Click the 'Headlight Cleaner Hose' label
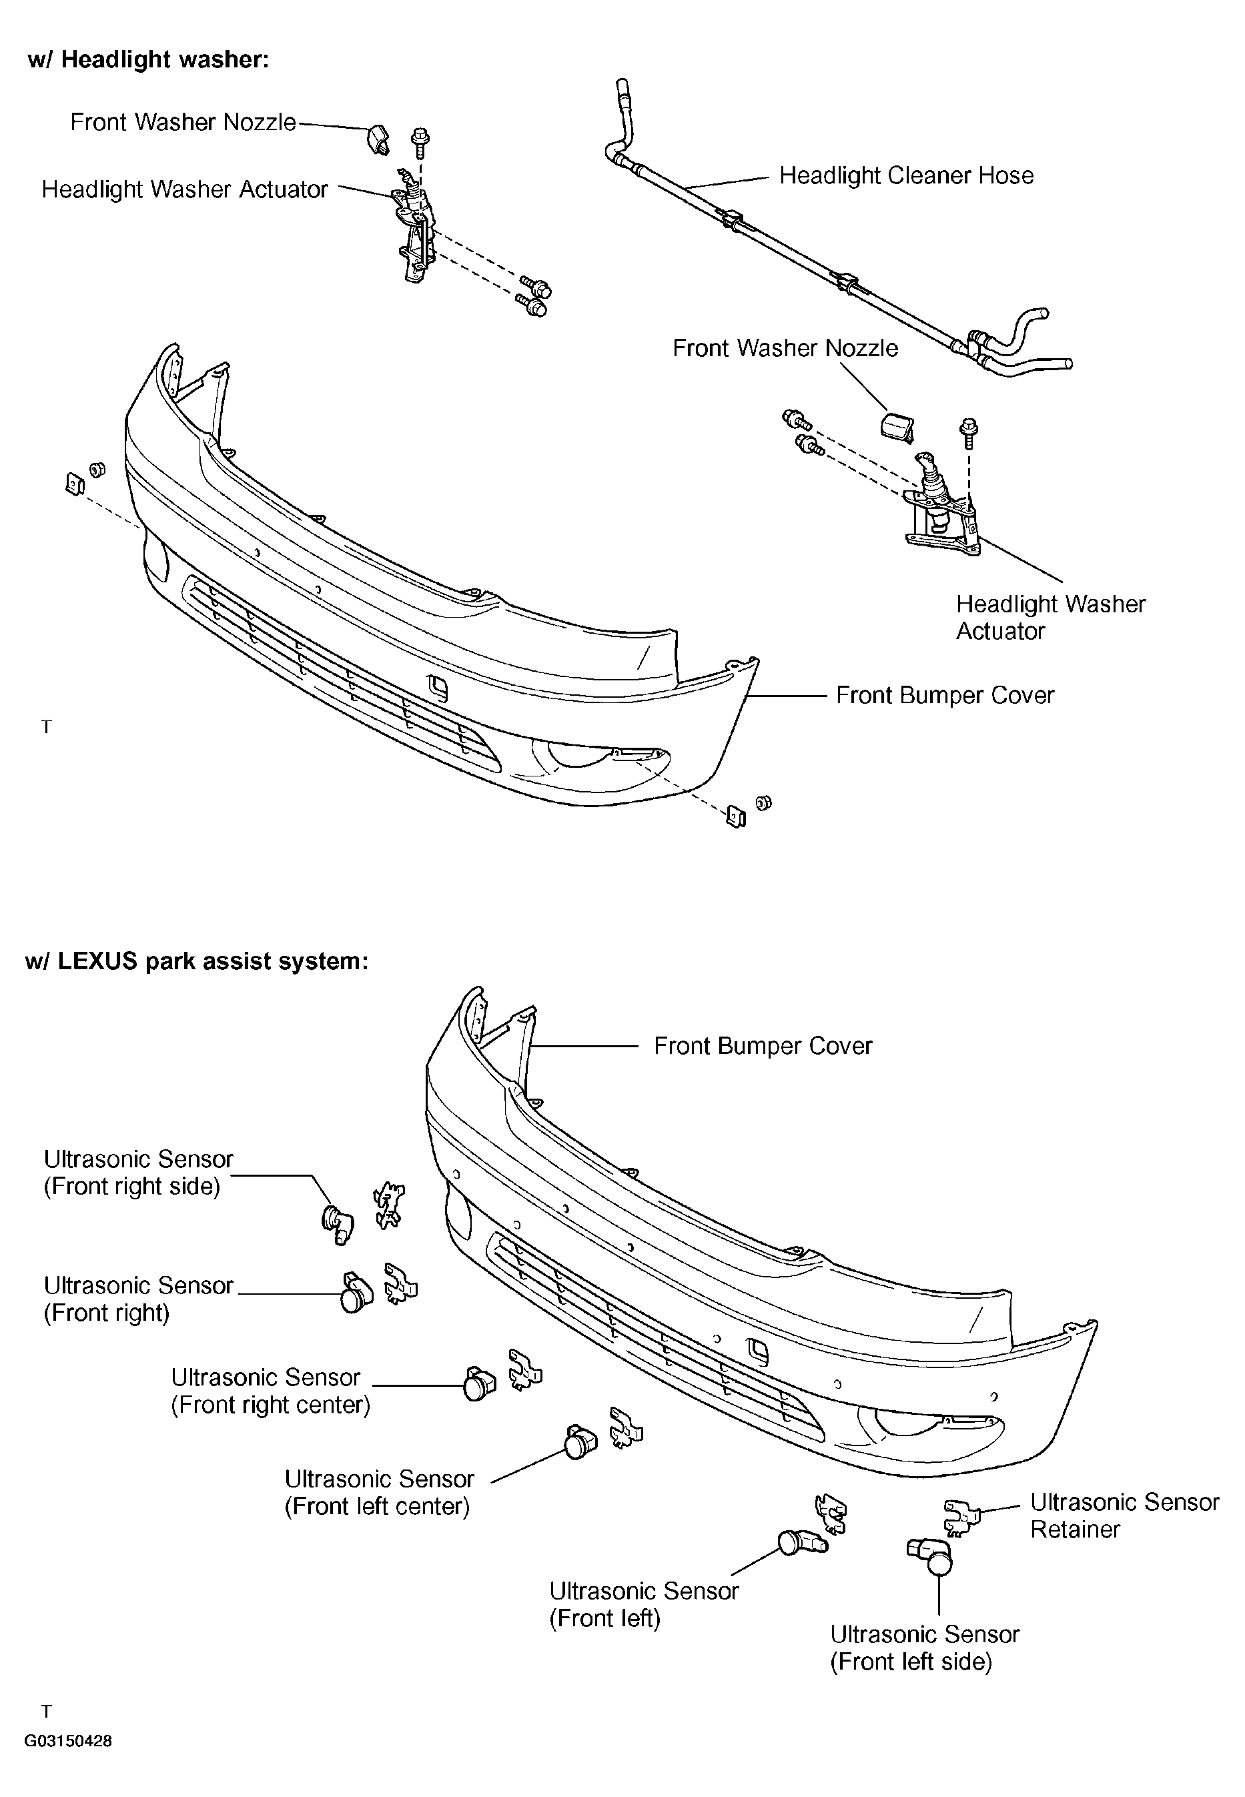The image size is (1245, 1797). [907, 175]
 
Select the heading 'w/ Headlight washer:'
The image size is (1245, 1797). [148, 60]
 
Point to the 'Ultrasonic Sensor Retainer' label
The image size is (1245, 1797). [1124, 1516]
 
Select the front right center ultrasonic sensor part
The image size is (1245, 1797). [478, 1384]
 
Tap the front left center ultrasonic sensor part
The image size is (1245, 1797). [578, 1442]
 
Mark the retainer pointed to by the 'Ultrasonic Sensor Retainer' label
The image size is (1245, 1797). [961, 1515]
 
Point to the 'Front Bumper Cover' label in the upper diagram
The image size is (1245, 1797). [945, 696]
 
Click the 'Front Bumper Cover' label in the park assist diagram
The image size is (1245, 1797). [763, 1046]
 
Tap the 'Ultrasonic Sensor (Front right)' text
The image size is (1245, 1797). [138, 1299]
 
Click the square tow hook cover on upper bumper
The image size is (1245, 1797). [438, 687]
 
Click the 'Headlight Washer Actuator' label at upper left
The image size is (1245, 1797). [185, 189]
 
